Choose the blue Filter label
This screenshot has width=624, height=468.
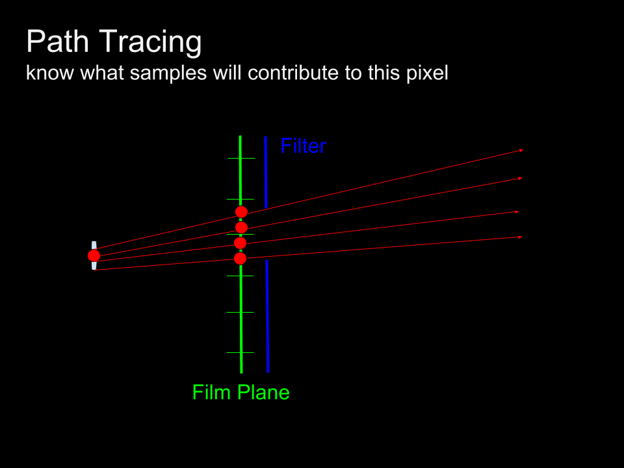[303, 146]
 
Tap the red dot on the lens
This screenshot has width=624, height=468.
[94, 255]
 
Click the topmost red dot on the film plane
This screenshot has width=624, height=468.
[241, 212]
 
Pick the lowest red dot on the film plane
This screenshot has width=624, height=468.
[240, 259]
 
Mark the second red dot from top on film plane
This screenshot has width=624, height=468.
[241, 227]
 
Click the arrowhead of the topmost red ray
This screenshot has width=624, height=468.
[521, 150]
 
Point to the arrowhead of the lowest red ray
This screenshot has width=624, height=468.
[520, 237]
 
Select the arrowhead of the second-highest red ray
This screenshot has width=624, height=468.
[519, 178]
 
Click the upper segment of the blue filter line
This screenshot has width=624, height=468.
[266, 172]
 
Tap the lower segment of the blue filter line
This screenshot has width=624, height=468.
[267, 315]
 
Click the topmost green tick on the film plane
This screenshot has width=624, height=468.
[241, 158]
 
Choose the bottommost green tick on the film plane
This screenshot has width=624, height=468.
[240, 352]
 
